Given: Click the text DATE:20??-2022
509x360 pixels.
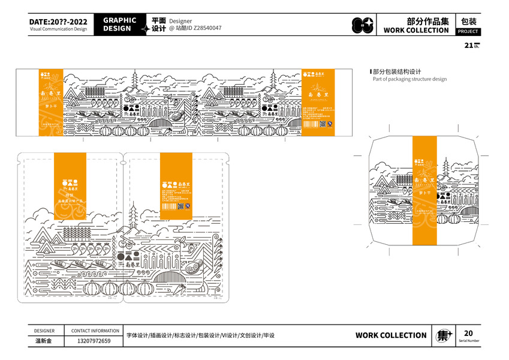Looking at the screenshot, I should click(x=58, y=22).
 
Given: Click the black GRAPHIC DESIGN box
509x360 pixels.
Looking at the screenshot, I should click(x=119, y=24).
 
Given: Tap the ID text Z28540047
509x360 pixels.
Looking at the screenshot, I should click(x=204, y=28).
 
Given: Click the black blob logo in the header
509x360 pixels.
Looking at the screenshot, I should click(x=362, y=25).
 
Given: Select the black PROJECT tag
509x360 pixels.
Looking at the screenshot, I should click(x=468, y=31).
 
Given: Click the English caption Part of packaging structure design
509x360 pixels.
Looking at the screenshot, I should click(x=409, y=79).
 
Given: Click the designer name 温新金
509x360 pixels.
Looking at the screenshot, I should click(x=44, y=341).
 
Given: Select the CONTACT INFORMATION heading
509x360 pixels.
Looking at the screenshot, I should click(x=95, y=331).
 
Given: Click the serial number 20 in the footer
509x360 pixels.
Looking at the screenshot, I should click(x=468, y=333).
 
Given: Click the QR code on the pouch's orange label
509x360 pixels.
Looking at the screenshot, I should click(x=188, y=206).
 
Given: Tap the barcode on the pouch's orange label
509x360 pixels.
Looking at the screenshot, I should click(x=170, y=206).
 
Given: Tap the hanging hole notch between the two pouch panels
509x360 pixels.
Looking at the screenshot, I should click(x=123, y=159).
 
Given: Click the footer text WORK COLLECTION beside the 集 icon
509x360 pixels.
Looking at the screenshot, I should click(x=391, y=335).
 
